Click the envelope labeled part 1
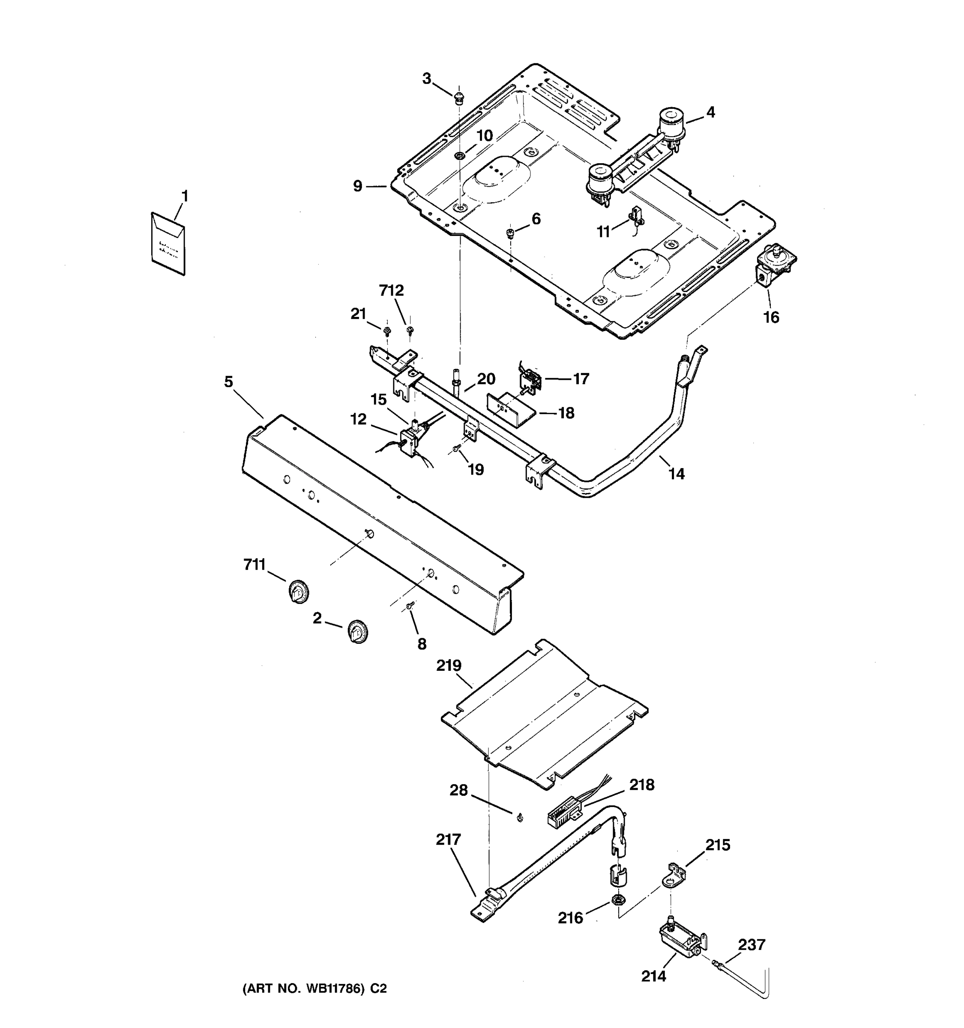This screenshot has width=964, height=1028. pos(168,244)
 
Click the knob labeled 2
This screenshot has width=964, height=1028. pos(357,631)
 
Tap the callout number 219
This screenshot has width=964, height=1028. pos(449,666)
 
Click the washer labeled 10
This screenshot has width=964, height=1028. pos(459,155)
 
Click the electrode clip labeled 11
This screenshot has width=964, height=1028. pos(636,216)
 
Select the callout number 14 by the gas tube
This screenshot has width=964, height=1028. pos(677,474)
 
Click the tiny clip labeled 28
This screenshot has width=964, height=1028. pos(519,817)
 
